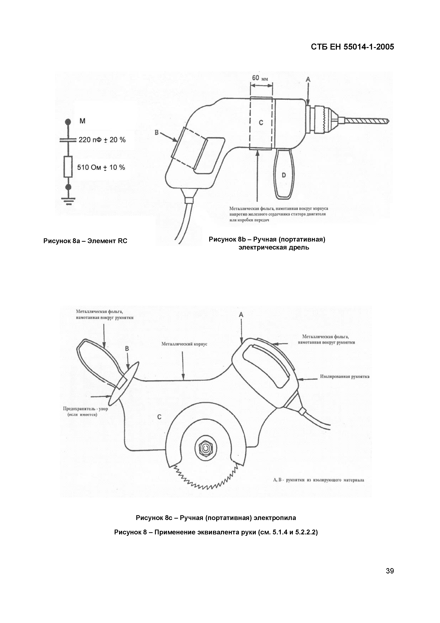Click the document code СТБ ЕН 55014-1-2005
point(352,47)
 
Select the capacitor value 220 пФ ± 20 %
point(102,140)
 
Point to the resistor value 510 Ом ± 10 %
point(101,167)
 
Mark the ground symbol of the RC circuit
point(68,201)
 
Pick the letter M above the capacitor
point(82,121)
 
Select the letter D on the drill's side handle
point(284,175)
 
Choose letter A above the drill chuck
point(308,79)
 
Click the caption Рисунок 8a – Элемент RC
point(85,241)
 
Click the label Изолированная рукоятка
point(345,377)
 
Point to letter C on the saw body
point(159,417)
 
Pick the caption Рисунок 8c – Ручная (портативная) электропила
point(216,518)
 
